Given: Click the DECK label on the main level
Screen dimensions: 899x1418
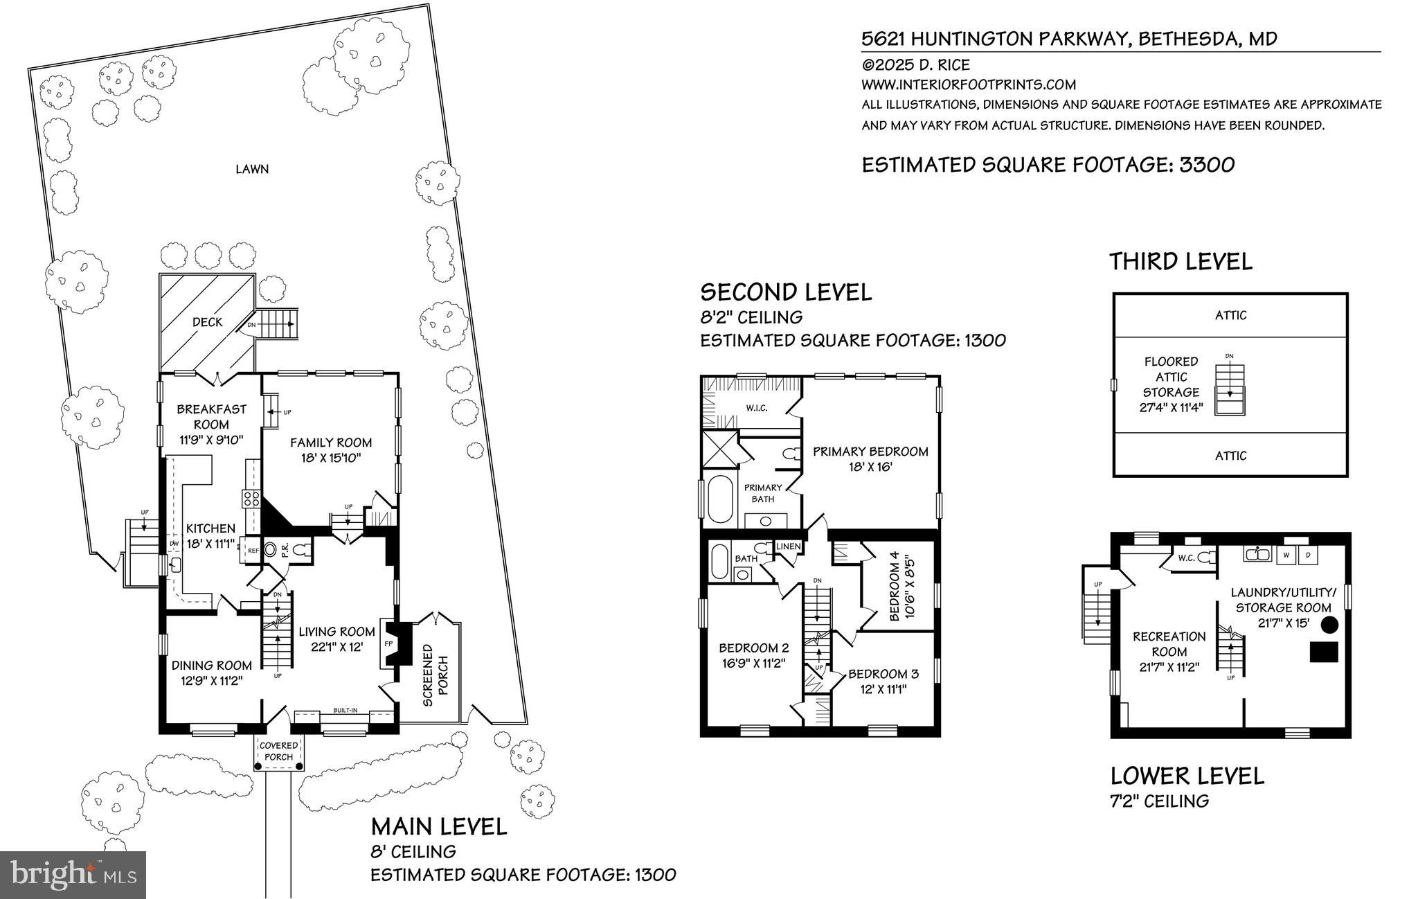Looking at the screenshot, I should pos(207,322).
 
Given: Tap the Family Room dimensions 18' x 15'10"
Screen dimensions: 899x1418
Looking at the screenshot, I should pos(331,459).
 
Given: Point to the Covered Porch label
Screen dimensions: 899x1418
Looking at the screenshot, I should pos(279,751).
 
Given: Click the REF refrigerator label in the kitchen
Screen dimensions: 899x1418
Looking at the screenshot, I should pos(253,551).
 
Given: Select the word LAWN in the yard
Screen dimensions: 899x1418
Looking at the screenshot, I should pos(252,169).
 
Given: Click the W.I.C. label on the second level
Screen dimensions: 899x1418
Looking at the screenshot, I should pos(756,408).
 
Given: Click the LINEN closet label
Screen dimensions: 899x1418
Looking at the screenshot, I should pos(789,547).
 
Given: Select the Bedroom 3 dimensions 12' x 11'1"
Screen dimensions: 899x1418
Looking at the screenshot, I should pos(883,689).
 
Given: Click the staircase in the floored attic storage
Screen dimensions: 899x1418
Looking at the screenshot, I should pos(1230,390).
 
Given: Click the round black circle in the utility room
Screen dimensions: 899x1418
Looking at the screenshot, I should pos(1329,625).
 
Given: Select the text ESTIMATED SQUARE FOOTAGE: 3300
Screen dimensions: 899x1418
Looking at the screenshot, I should pos(1048,165).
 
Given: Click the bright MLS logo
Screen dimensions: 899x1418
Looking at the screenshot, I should pos(73,875).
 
